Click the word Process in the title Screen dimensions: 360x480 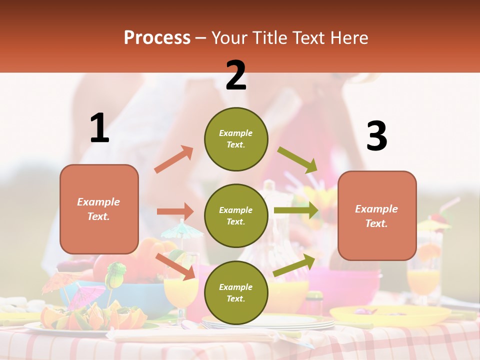pyautogui.click(x=157, y=37)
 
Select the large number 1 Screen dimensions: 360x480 pyautogui.click(x=99, y=128)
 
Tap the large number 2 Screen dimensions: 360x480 pyautogui.click(x=236, y=75)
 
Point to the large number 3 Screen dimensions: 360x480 pyautogui.click(x=376, y=136)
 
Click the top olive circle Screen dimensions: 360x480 pyautogui.click(x=236, y=139)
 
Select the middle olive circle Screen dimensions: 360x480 pyautogui.click(x=236, y=215)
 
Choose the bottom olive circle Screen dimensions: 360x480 pyautogui.click(x=236, y=292)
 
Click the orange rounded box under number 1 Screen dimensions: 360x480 pyautogui.click(x=99, y=209)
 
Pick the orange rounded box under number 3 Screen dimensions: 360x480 pyautogui.click(x=377, y=215)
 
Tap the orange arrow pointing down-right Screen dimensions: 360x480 pyautogui.click(x=175, y=266)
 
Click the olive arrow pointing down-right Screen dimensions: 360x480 pyautogui.click(x=297, y=160)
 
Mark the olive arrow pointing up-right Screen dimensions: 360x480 pyautogui.click(x=294, y=265)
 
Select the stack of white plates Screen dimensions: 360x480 pyautogui.click(x=270, y=322)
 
